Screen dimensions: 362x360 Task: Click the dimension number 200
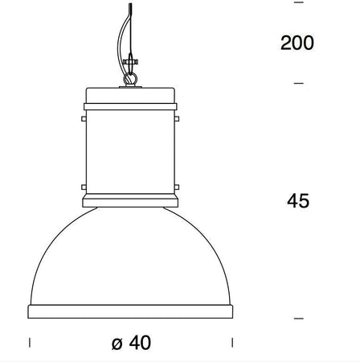click(297, 43)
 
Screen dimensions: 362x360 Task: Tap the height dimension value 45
click(298, 200)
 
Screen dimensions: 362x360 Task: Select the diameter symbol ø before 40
click(117, 343)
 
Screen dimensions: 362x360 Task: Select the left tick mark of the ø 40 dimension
click(29, 342)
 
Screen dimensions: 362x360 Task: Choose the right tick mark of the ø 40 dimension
click(232, 342)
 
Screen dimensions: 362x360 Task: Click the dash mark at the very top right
click(299, 3)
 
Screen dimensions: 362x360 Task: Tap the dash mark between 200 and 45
click(299, 83)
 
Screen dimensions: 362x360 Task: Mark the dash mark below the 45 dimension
click(299, 319)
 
